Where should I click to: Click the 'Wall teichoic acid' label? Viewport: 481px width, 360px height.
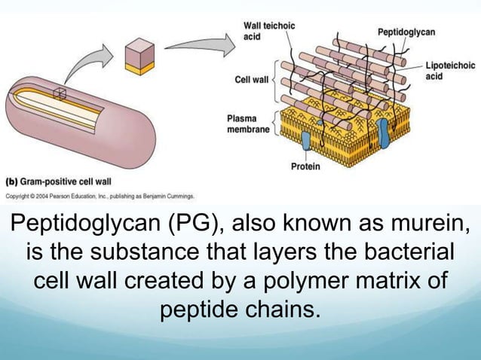[x=269, y=31]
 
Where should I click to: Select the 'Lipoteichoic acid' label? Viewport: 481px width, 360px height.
[x=450, y=72]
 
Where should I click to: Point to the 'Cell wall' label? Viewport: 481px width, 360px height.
[x=252, y=79]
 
